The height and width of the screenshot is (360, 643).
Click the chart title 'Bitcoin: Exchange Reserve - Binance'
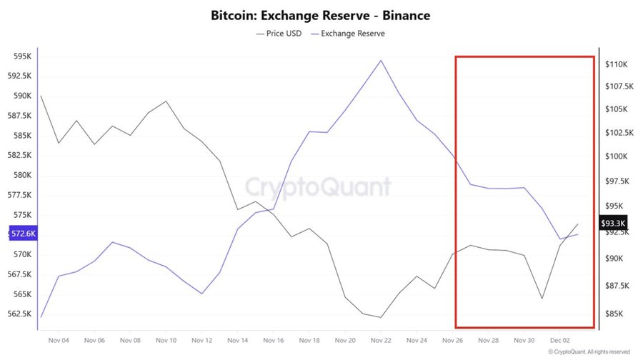[321, 15]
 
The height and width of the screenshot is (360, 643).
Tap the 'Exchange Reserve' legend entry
[348, 34]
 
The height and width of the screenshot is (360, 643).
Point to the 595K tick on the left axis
[21, 56]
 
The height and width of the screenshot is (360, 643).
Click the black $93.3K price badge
[613, 223]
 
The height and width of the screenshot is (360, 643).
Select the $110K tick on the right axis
[616, 64]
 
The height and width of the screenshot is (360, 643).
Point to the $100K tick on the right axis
[616, 156]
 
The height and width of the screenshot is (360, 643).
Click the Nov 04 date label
[58, 341]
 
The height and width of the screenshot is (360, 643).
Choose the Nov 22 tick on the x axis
[381, 341]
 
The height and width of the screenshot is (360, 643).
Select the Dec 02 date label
[559, 341]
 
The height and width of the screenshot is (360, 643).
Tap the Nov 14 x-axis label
[237, 341]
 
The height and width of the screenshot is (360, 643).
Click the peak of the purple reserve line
[381, 60]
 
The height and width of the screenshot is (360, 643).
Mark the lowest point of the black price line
[381, 317]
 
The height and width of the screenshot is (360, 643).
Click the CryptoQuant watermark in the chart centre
[319, 187]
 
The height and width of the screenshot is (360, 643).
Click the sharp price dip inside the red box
[542, 299]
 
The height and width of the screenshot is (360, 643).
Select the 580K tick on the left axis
[21, 175]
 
